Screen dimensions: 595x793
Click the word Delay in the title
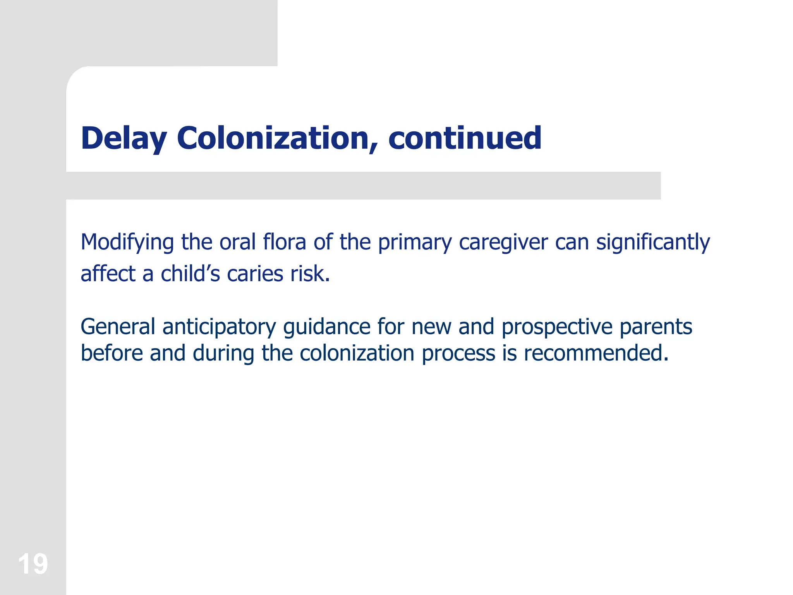pyautogui.click(x=124, y=138)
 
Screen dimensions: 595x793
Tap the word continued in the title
pyautogui.click(x=465, y=138)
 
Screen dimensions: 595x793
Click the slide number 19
pyautogui.click(x=33, y=564)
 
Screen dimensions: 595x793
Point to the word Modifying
pyautogui.click(x=127, y=243)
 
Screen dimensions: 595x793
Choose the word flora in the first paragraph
pyautogui.click(x=284, y=242)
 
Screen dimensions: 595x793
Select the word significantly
pyautogui.click(x=653, y=243)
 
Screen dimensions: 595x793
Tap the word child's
pyautogui.click(x=190, y=274)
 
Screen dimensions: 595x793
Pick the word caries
pyautogui.click(x=255, y=274)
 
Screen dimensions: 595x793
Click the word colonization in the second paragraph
pyautogui.click(x=357, y=354)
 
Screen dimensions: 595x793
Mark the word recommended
pyautogui.click(x=596, y=354)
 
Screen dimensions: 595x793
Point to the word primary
pyautogui.click(x=415, y=243)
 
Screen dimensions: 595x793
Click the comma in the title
pyautogui.click(x=373, y=149)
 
